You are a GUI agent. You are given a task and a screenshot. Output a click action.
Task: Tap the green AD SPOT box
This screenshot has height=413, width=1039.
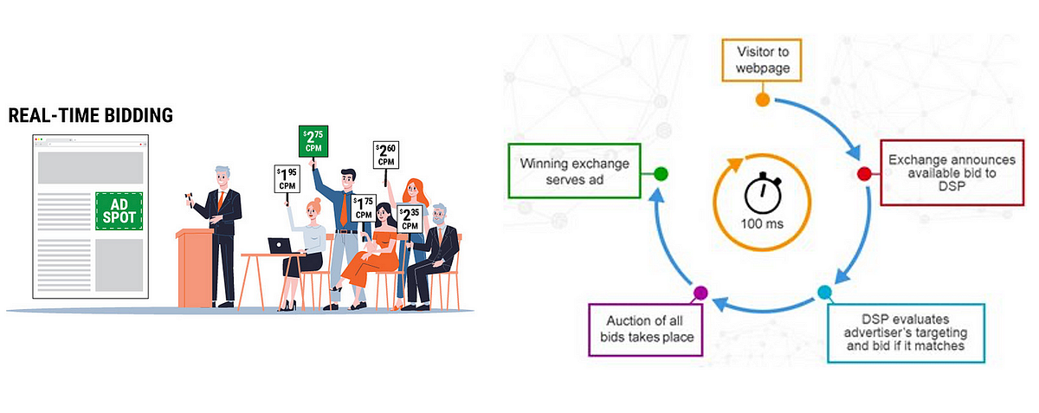(119, 210)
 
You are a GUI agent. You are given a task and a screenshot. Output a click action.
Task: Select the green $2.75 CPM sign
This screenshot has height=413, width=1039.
(313, 141)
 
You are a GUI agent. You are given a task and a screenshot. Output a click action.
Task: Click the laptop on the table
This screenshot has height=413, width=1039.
(279, 246)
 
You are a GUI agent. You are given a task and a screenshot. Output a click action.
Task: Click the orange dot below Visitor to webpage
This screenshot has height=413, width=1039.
(763, 100)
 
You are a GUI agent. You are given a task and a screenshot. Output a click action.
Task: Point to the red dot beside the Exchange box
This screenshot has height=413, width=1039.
(863, 174)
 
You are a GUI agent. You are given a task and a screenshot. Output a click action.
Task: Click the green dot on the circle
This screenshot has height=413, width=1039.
(660, 174)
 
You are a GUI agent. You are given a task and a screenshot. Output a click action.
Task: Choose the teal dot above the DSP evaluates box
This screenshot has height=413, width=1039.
(823, 293)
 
